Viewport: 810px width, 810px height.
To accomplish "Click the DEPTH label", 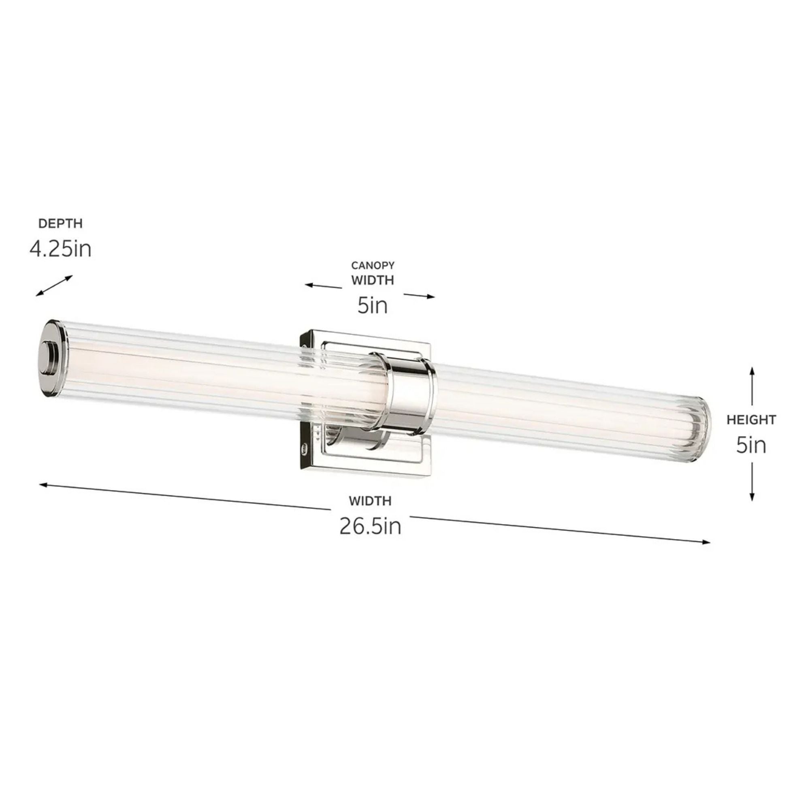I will click(x=60, y=224).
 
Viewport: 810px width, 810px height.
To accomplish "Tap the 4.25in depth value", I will click(x=60, y=249).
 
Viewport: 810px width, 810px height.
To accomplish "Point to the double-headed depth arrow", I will click(x=54, y=286).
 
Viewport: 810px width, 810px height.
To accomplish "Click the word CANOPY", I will click(x=373, y=265).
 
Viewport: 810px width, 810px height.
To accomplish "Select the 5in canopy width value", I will click(x=372, y=305).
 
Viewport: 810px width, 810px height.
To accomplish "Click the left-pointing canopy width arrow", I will click(x=323, y=286).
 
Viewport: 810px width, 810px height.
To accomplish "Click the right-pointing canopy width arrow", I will click(x=419, y=296).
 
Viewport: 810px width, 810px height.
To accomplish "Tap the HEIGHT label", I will click(x=751, y=420).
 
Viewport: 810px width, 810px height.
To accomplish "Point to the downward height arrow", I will click(x=752, y=482).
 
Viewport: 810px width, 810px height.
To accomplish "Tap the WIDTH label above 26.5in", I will click(x=370, y=501).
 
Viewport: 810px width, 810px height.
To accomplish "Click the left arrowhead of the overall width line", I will click(x=43, y=485).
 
